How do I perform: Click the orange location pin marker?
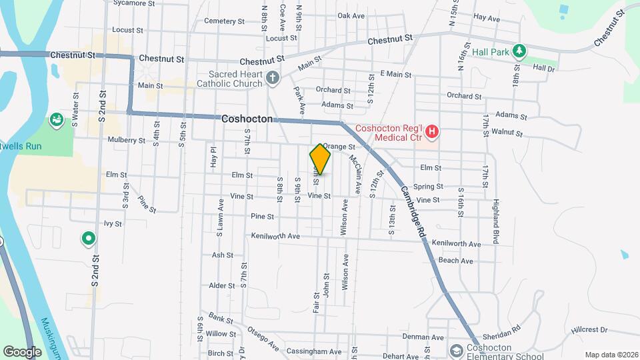(x=320, y=159)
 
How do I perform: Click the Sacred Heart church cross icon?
(x=272, y=79)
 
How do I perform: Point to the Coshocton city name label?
(x=247, y=119)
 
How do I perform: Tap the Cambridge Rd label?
(x=412, y=212)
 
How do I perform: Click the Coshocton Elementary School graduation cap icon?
(x=457, y=351)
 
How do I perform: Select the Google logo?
(x=22, y=351)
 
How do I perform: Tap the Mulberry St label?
(x=126, y=141)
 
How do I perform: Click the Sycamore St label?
(x=129, y=3)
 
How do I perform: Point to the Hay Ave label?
(x=486, y=19)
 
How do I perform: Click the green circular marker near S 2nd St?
(x=87, y=238)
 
